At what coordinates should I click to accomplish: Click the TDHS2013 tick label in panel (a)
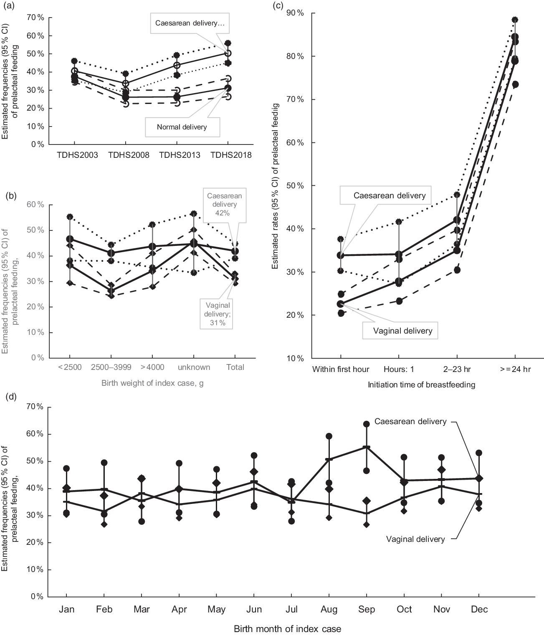[180, 155]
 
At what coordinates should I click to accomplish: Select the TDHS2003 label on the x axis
[77, 155]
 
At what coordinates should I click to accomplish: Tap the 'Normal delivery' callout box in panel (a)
[182, 127]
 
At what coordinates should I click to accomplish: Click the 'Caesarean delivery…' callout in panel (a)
[190, 23]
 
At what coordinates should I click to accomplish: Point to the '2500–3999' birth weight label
[111, 367]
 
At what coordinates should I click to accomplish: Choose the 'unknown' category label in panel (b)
[194, 367]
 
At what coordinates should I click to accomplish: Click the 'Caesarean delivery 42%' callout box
[225, 204]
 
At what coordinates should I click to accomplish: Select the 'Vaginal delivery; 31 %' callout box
[218, 314]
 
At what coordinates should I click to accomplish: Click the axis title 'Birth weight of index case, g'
[152, 383]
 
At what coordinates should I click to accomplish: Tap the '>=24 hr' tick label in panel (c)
[514, 369]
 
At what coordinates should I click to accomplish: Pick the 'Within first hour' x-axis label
[341, 369]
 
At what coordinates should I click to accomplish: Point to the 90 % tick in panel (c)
[295, 13]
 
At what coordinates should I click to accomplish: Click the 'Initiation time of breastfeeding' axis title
[421, 385]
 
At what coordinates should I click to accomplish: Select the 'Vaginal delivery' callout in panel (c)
[403, 331]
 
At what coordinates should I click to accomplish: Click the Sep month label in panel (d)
[367, 610]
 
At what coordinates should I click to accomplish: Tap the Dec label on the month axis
[479, 610]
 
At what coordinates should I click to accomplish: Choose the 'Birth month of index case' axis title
[287, 629]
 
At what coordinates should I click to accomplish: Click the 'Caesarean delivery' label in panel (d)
[410, 422]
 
